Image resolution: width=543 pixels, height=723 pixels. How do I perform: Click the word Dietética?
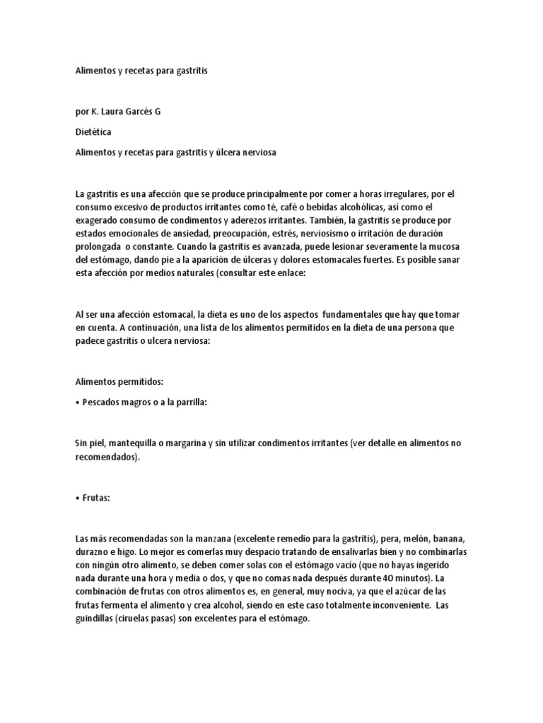tap(93, 131)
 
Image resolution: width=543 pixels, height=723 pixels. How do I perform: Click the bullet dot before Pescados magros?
tap(78, 402)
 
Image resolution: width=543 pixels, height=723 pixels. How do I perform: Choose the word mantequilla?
tap(134, 443)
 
